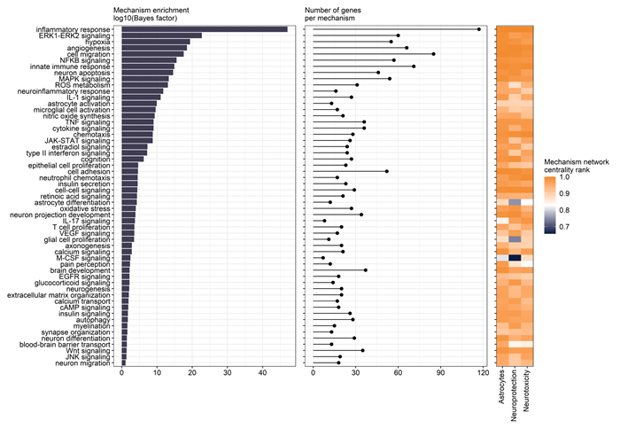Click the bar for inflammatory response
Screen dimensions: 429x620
pyautogui.click(x=204, y=29)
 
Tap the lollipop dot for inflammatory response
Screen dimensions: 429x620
pyautogui.click(x=479, y=29)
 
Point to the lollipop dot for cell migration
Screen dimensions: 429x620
pyautogui.click(x=433, y=54)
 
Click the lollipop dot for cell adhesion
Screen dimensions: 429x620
pyautogui.click(x=387, y=171)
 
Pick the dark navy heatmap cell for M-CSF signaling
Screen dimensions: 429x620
pyautogui.click(x=514, y=258)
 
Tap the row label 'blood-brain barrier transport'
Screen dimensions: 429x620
pyautogui.click(x=66, y=344)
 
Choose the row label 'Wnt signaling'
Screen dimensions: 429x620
pyautogui.click(x=93, y=350)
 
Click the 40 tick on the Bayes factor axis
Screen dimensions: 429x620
pyautogui.click(x=262, y=373)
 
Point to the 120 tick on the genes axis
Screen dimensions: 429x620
pyautogui.click(x=484, y=373)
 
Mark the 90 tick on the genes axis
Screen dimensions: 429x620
pyautogui.click(x=441, y=373)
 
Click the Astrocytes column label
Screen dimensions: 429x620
pyautogui.click(x=503, y=388)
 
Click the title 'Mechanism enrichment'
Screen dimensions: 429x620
pyautogui.click(x=153, y=9)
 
